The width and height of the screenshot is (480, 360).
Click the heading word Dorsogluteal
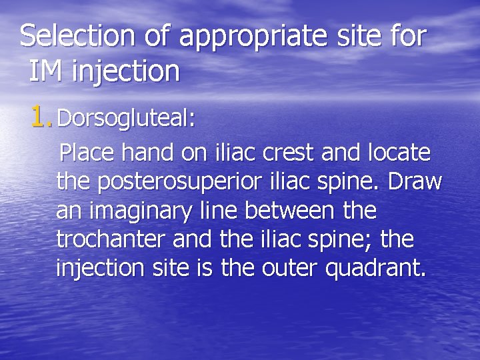coord(126,119)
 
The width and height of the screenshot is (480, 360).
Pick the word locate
coord(400,154)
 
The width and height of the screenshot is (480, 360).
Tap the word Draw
coord(411,182)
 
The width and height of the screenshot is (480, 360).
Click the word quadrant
coord(387,270)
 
